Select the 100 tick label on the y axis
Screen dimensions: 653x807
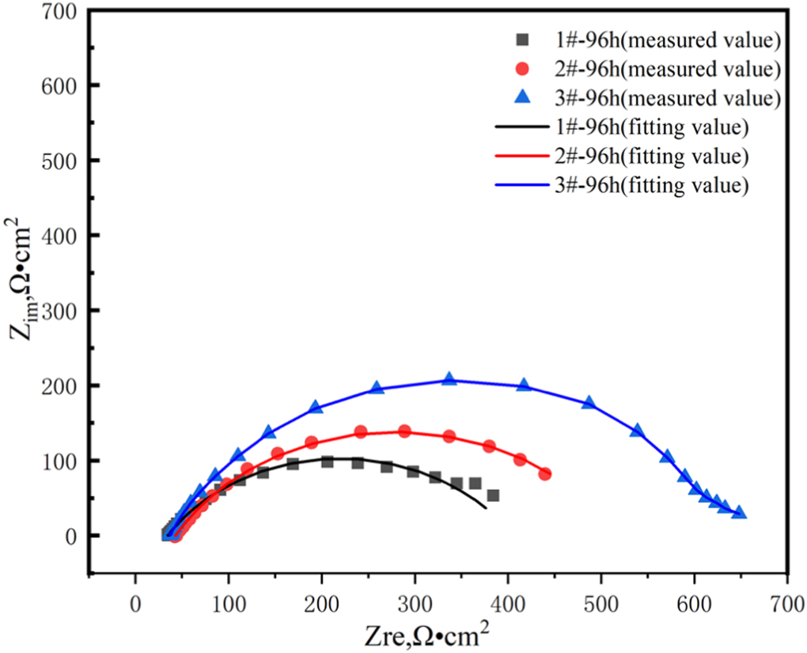click(x=65, y=461)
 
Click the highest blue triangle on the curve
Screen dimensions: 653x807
click(x=449, y=379)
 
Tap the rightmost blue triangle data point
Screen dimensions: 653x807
click(x=740, y=512)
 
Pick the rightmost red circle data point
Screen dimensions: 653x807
click(x=545, y=473)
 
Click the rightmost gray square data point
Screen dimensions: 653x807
click(x=493, y=495)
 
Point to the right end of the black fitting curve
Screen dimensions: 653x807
click(x=486, y=507)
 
